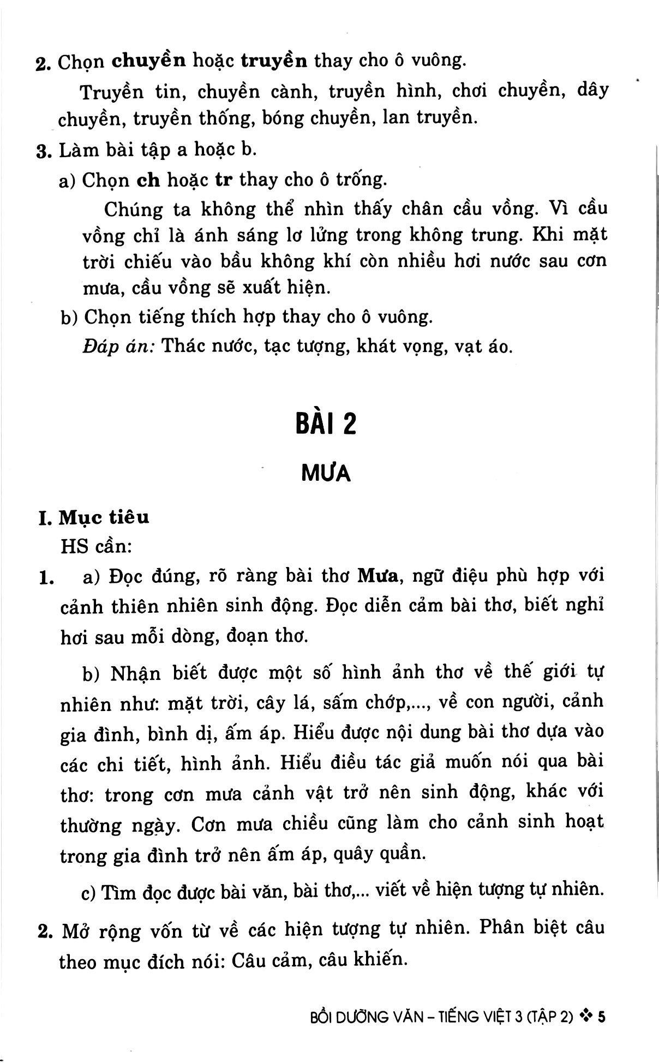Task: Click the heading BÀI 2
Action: coord(326,423)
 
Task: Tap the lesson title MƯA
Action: coord(326,473)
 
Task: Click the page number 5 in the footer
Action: coord(602,1017)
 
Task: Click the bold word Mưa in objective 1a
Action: coord(376,576)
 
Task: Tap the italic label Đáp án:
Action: coord(119,346)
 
